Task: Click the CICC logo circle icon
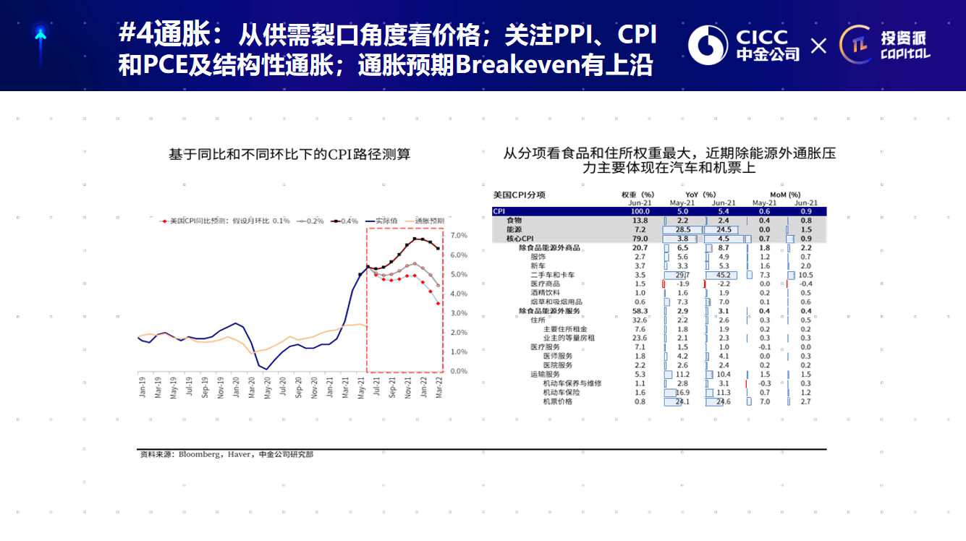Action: pyautogui.click(x=708, y=46)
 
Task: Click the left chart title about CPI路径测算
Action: pyautogui.click(x=289, y=154)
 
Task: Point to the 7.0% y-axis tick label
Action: pyautogui.click(x=459, y=236)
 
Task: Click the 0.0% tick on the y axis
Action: pyautogui.click(x=459, y=371)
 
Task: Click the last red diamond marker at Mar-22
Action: pyautogui.click(x=438, y=303)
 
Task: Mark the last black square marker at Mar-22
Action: pyautogui.click(x=438, y=249)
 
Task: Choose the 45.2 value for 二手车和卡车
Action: pyautogui.click(x=721, y=275)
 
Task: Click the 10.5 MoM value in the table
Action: pyautogui.click(x=805, y=275)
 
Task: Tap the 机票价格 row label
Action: pyautogui.click(x=557, y=401)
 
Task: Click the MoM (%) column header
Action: pyautogui.click(x=784, y=195)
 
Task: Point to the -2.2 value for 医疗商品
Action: pyautogui.click(x=721, y=284)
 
